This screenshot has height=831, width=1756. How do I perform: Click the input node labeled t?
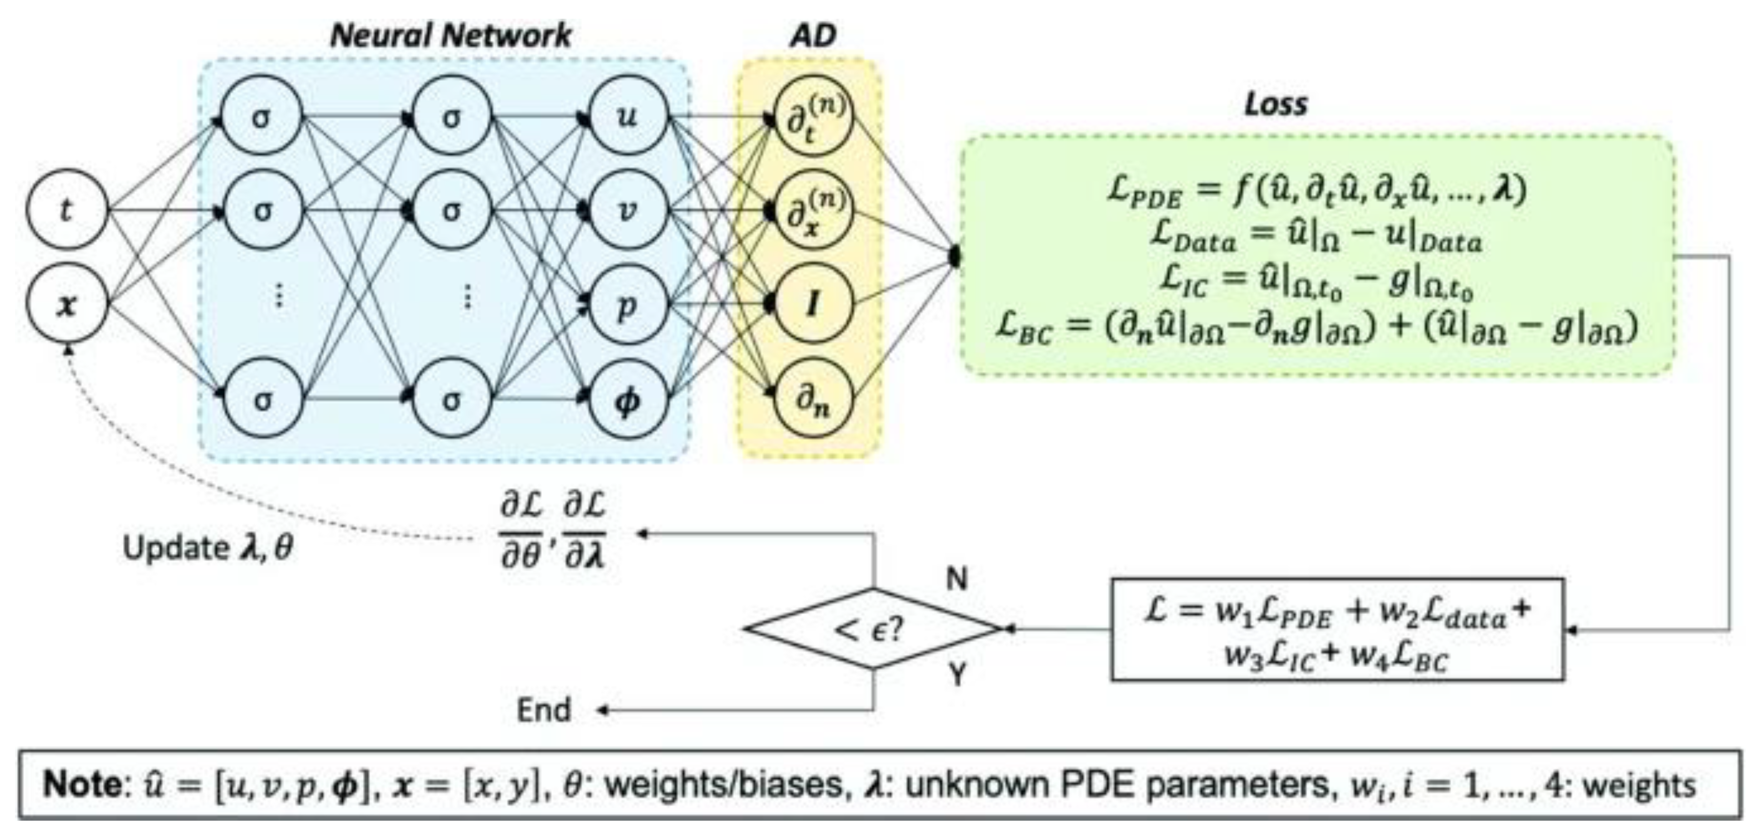coord(67,209)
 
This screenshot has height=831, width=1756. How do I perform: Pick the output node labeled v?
coord(627,209)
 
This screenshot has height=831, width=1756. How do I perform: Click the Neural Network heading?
coord(451,36)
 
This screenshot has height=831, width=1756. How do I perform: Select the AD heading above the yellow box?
coord(813,36)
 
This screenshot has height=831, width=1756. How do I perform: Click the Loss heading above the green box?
coord(1275,104)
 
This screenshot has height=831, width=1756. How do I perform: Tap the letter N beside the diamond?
coord(956,579)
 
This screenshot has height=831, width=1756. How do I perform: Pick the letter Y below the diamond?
coord(956,675)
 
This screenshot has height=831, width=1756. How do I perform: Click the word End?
coord(543,710)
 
